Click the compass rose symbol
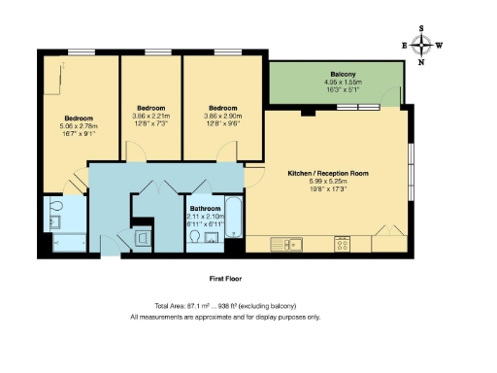(x=422, y=45)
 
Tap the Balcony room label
(x=343, y=75)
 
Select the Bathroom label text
(x=205, y=209)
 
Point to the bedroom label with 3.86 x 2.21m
(x=150, y=107)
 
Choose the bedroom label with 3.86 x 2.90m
(x=222, y=108)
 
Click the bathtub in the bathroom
(x=235, y=220)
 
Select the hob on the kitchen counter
(x=343, y=243)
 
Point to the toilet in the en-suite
(x=55, y=207)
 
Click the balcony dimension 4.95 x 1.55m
(x=343, y=83)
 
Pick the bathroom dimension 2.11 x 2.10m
(x=205, y=217)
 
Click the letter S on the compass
(x=422, y=28)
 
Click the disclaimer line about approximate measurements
(x=225, y=317)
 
